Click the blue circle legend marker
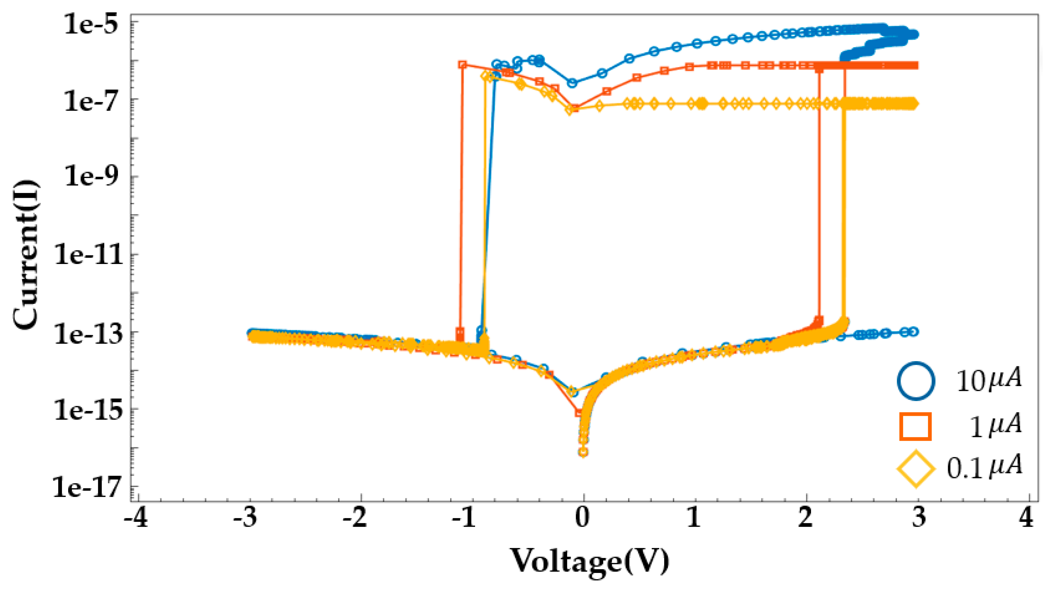point(916,380)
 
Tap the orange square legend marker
point(916,427)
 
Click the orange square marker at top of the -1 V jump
point(462,64)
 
